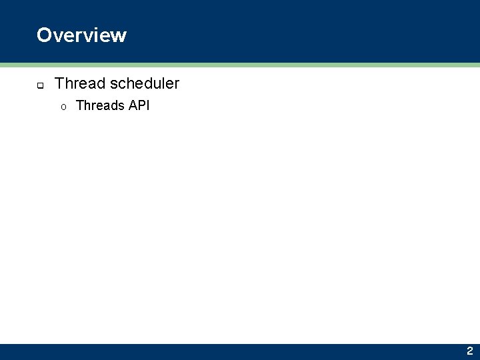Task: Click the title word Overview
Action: (81, 35)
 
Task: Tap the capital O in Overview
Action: (44, 35)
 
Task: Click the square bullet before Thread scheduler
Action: (40, 85)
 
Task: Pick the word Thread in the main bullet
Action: (80, 83)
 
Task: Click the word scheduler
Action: (145, 83)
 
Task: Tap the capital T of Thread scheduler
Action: (59, 83)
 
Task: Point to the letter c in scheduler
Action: (122, 85)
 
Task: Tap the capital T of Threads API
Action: (80, 105)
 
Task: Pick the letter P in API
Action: (142, 105)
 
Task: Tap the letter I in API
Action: (148, 105)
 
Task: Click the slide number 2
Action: (469, 351)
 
